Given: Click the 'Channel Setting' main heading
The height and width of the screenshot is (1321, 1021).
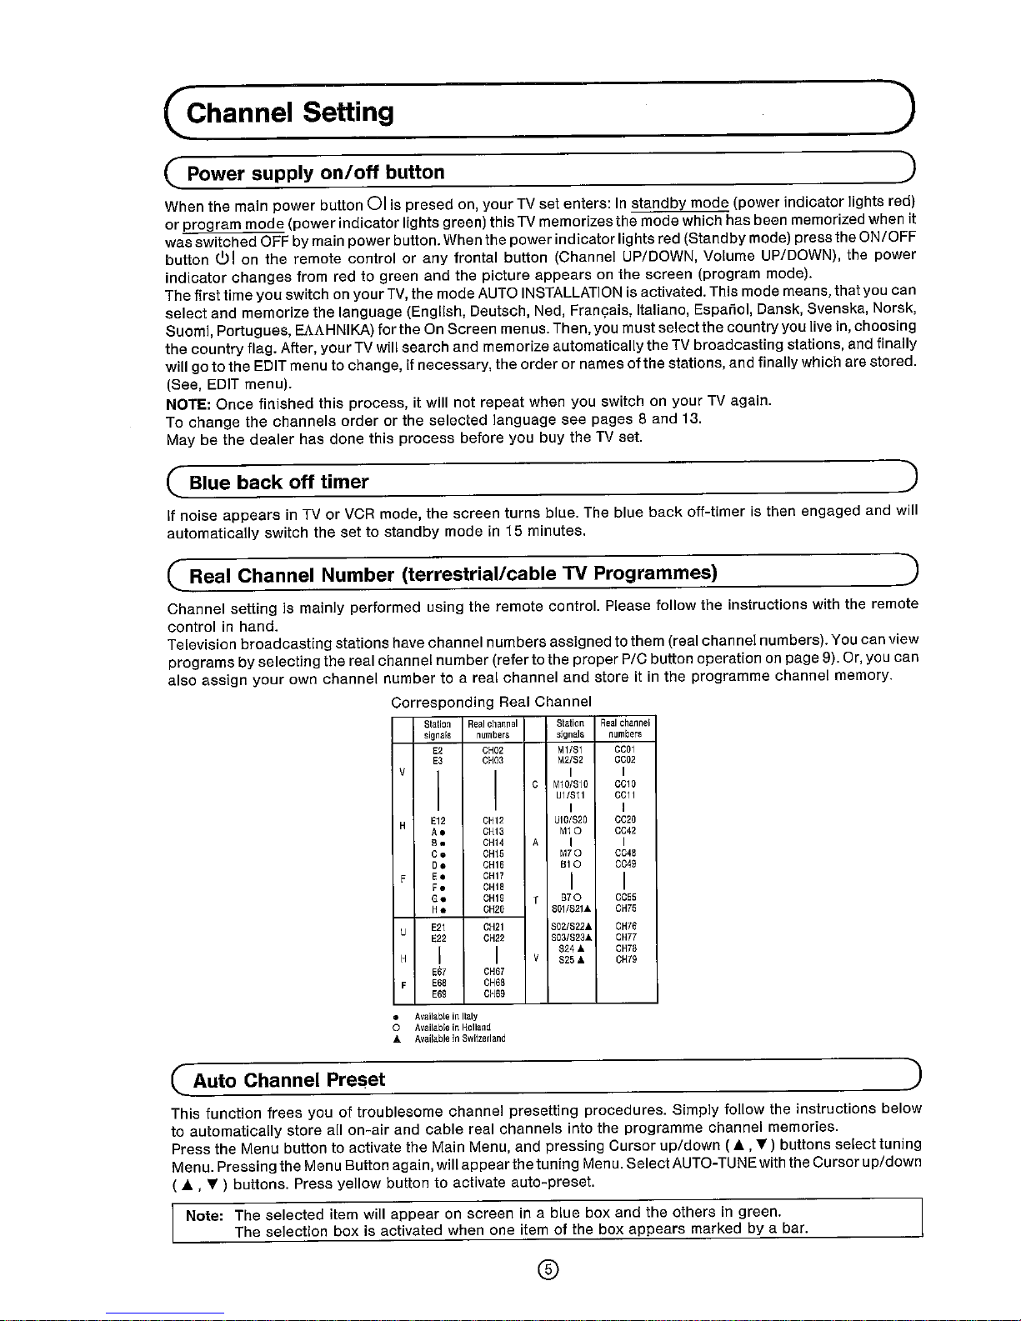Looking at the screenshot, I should [289, 112].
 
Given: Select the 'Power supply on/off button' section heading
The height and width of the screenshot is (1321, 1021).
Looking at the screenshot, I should [316, 173].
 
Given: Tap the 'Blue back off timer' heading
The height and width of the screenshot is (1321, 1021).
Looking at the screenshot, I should [278, 482].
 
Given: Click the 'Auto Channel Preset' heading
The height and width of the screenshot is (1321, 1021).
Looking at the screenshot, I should [289, 1080].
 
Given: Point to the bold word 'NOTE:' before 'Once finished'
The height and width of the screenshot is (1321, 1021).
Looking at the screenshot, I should [188, 403].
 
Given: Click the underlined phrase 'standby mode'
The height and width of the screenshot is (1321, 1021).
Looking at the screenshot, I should [679, 202].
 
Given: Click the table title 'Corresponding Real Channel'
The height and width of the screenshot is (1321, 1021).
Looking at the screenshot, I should [491, 701].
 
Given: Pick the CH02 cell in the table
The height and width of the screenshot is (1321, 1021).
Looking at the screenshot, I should [493, 749].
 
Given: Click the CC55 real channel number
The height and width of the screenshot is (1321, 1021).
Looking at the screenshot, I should [625, 897].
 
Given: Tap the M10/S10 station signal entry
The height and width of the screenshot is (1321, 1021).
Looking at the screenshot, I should [570, 784].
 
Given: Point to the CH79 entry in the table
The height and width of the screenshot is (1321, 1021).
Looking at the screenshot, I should [625, 959].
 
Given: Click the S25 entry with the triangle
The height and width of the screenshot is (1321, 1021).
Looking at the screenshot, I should [571, 959].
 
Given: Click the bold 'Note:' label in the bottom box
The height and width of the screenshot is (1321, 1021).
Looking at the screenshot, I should [205, 1215].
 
